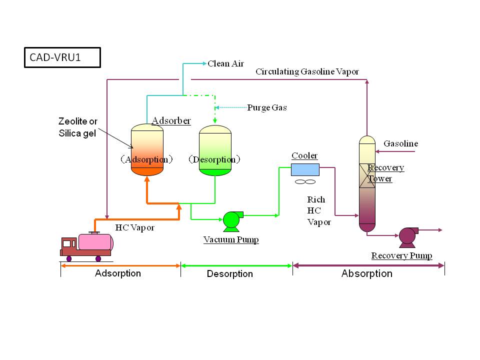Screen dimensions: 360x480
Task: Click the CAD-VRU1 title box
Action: (62, 57)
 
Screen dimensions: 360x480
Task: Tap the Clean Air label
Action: (225, 63)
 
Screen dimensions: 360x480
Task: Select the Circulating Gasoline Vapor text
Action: (307, 71)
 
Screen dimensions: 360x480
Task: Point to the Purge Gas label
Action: (267, 107)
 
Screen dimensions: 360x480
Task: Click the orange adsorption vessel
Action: (147, 150)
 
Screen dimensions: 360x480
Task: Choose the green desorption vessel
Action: (215, 150)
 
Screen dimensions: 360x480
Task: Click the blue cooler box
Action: (305, 169)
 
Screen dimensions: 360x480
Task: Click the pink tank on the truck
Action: (95, 242)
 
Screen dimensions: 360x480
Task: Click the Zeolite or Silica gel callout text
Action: (77, 127)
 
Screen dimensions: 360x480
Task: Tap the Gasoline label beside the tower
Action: (400, 143)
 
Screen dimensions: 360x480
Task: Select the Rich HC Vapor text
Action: (319, 211)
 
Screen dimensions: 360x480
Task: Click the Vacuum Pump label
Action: (231, 240)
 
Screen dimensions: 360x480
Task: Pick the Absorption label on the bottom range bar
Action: (366, 273)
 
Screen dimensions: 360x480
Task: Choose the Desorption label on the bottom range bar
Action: (229, 274)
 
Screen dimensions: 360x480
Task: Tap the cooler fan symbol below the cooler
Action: (305, 182)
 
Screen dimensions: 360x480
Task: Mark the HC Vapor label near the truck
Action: (135, 227)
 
